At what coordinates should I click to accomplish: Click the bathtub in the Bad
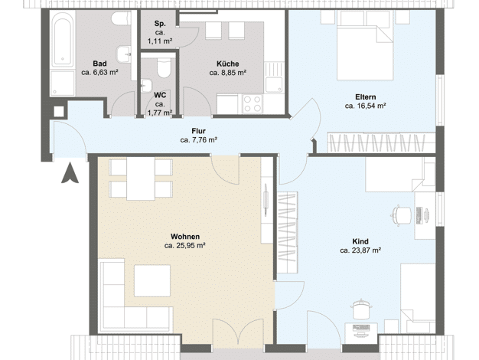[62, 39]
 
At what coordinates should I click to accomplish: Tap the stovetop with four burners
[253, 103]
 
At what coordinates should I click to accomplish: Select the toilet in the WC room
[164, 67]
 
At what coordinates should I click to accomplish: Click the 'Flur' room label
[199, 131]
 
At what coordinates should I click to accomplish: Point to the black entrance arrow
[70, 173]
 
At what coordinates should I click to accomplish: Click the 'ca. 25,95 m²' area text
[184, 246]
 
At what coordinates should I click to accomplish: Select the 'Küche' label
[227, 64]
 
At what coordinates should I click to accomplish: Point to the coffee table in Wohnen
[152, 280]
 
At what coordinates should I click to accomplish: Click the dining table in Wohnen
[141, 179]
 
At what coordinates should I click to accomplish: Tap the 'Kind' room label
[360, 241]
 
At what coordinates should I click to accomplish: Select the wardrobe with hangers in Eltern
[381, 142]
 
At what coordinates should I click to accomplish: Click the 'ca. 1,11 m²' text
[160, 41]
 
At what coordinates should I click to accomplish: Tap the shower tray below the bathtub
[63, 83]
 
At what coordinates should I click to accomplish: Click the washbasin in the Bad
[124, 54]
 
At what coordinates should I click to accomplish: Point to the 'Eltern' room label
[365, 97]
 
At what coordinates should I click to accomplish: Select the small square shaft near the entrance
[59, 111]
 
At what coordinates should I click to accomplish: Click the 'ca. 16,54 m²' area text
[365, 106]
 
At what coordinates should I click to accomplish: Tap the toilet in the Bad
[122, 18]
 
